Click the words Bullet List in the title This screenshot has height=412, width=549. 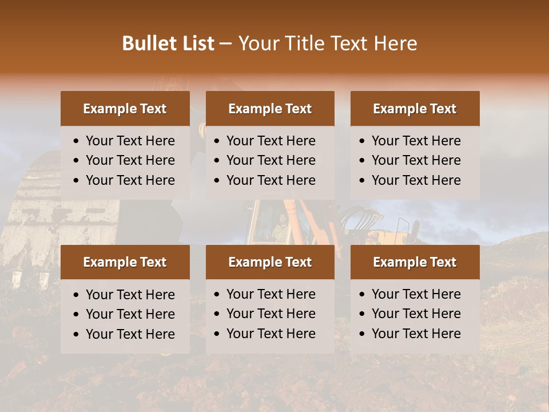168,43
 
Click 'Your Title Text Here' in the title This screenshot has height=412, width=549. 327,43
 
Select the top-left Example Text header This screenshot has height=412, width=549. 125,109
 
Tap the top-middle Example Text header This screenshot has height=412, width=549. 270,109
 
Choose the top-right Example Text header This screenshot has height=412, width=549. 415,109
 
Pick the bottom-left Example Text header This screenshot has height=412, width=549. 125,262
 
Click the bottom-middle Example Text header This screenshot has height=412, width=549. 270,262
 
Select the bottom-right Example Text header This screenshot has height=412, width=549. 415,262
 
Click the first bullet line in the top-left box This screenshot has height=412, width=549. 130,141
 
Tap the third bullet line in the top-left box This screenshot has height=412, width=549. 130,180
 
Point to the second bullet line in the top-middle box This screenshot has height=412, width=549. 270,160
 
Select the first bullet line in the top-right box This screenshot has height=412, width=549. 416,141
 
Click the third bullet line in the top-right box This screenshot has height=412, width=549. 416,180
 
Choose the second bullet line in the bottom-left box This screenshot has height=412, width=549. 130,314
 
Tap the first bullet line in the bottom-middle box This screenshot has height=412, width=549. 270,294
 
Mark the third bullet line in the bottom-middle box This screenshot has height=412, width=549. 270,334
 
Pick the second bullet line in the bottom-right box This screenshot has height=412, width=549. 416,314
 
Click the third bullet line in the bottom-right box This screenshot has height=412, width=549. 416,334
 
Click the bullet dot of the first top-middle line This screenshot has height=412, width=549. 217,141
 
